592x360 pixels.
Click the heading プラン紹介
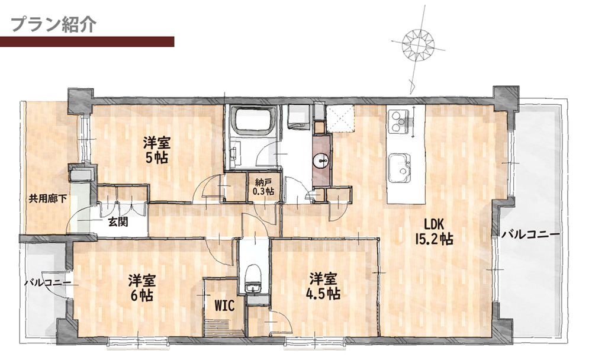coord(54,24)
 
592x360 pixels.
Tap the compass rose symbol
coord(417,44)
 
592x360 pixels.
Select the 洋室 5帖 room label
coord(156,150)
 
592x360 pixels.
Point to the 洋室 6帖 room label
coord(141,288)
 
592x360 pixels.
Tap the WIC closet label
coord(224,305)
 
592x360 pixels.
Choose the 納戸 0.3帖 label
coord(263,187)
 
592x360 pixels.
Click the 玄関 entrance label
coord(118,221)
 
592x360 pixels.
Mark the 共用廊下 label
coord(48,198)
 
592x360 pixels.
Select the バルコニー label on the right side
coord(530,234)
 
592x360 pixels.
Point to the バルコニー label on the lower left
coord(47,282)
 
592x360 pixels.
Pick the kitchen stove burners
coord(398,121)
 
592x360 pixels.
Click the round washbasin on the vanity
coord(321,161)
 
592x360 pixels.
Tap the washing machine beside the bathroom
coord(298,117)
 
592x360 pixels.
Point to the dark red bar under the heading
coord(87,41)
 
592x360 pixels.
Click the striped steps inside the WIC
coord(223,326)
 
